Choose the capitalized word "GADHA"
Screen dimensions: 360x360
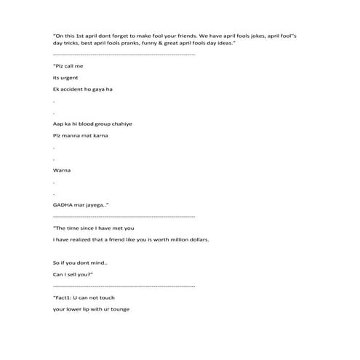click(66, 205)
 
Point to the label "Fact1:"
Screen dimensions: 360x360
click(65, 297)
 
